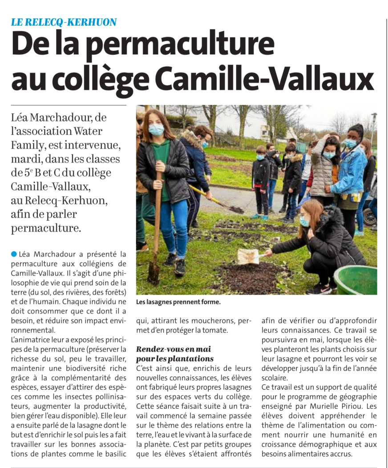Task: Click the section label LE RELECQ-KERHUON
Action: click(64, 21)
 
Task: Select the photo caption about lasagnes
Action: click(178, 302)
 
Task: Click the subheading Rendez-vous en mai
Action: click(174, 349)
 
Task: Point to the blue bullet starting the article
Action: click(14, 254)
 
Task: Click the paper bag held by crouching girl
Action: click(248, 256)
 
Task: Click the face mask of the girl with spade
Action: click(156, 130)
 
